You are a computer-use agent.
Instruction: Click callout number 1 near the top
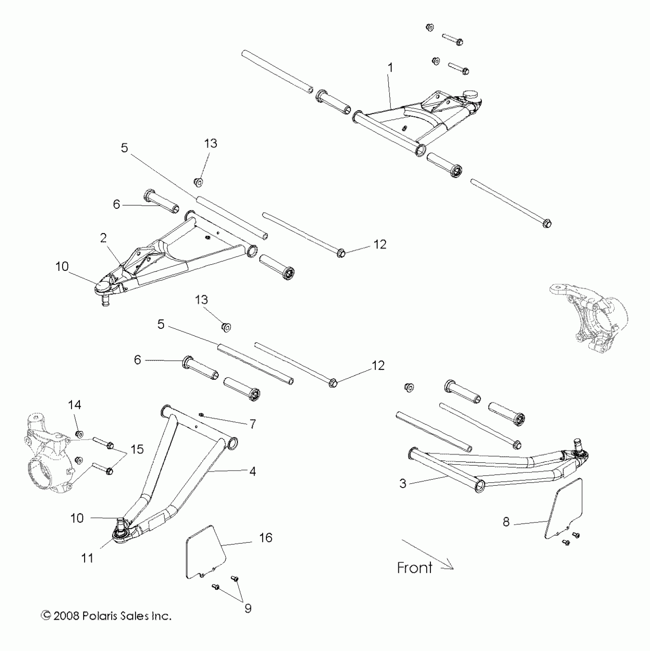[x=390, y=68]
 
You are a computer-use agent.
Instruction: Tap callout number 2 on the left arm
[x=103, y=238]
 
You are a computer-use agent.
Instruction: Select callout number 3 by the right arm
[x=403, y=483]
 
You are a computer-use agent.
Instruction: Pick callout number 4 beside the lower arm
[x=252, y=471]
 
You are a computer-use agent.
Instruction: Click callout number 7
[x=252, y=424]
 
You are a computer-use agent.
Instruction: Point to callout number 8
[x=506, y=521]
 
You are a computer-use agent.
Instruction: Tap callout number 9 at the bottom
[x=248, y=608]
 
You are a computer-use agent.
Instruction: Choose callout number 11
[x=87, y=558]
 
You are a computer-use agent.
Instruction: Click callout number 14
[x=75, y=405]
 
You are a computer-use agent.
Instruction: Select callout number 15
[x=137, y=449]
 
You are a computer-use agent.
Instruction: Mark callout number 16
[x=266, y=538]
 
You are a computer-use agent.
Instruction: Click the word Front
[x=414, y=568]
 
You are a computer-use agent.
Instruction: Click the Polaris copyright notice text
[x=106, y=616]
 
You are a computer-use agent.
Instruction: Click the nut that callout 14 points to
[x=80, y=434]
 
